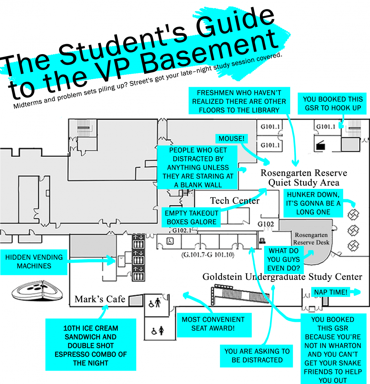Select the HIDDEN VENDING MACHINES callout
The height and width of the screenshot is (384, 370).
34,262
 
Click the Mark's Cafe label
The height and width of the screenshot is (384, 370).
100,299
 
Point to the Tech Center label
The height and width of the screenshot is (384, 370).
235,200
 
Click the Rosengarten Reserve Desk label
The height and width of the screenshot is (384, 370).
311,238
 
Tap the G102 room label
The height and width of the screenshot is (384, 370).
266,223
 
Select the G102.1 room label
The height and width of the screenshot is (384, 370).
181,231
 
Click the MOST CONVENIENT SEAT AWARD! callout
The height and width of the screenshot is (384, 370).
213,324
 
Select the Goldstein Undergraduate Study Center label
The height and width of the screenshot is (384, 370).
282,276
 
